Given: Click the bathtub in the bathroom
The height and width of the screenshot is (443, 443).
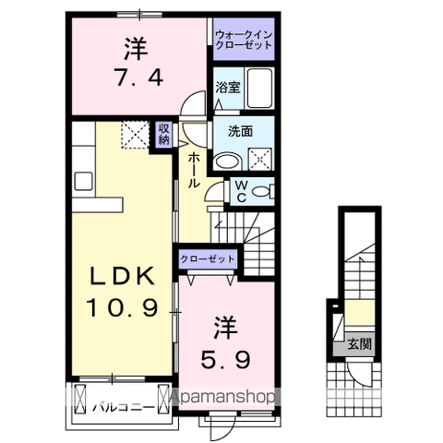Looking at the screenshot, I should [x=262, y=90].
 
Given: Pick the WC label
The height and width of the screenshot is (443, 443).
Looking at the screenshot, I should [x=238, y=192].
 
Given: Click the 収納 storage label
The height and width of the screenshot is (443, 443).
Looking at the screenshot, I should [x=163, y=134].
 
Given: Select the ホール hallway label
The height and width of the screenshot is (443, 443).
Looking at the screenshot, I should [x=194, y=171].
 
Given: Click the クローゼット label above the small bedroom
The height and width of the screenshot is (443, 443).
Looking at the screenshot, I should [x=207, y=260].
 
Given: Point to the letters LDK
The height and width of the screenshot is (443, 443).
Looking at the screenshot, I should [x=127, y=277].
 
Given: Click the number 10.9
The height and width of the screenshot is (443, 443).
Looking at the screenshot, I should [x=127, y=305].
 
